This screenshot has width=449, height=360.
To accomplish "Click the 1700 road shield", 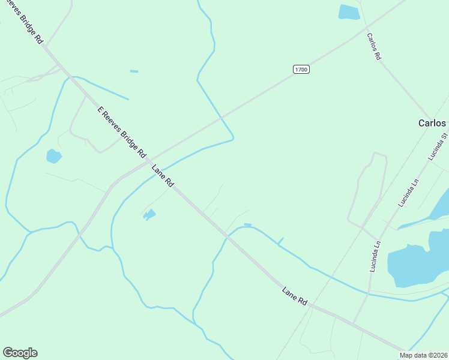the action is pos(301,70).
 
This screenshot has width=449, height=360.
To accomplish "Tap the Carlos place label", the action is pos(432,123).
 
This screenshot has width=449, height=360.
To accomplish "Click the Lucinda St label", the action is pos(438,146).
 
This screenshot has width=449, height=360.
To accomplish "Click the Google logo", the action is pos(20,353).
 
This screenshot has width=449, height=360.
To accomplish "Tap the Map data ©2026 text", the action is pos(424,355).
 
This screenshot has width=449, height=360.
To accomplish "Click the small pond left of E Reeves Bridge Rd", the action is pos(53,157).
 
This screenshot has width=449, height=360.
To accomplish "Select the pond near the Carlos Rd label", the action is pos(349,12).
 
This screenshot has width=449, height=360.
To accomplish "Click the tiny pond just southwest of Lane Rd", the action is pos(149,214).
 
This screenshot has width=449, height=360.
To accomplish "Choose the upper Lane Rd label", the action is pos(163,176).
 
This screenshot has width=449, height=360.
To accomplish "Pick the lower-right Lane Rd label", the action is pos(295,296).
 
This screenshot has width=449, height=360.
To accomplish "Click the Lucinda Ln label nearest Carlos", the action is pos(408,193).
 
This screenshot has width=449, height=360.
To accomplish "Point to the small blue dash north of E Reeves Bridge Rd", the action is pos(134,71).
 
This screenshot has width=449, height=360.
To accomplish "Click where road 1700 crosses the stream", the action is pos(221,115).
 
